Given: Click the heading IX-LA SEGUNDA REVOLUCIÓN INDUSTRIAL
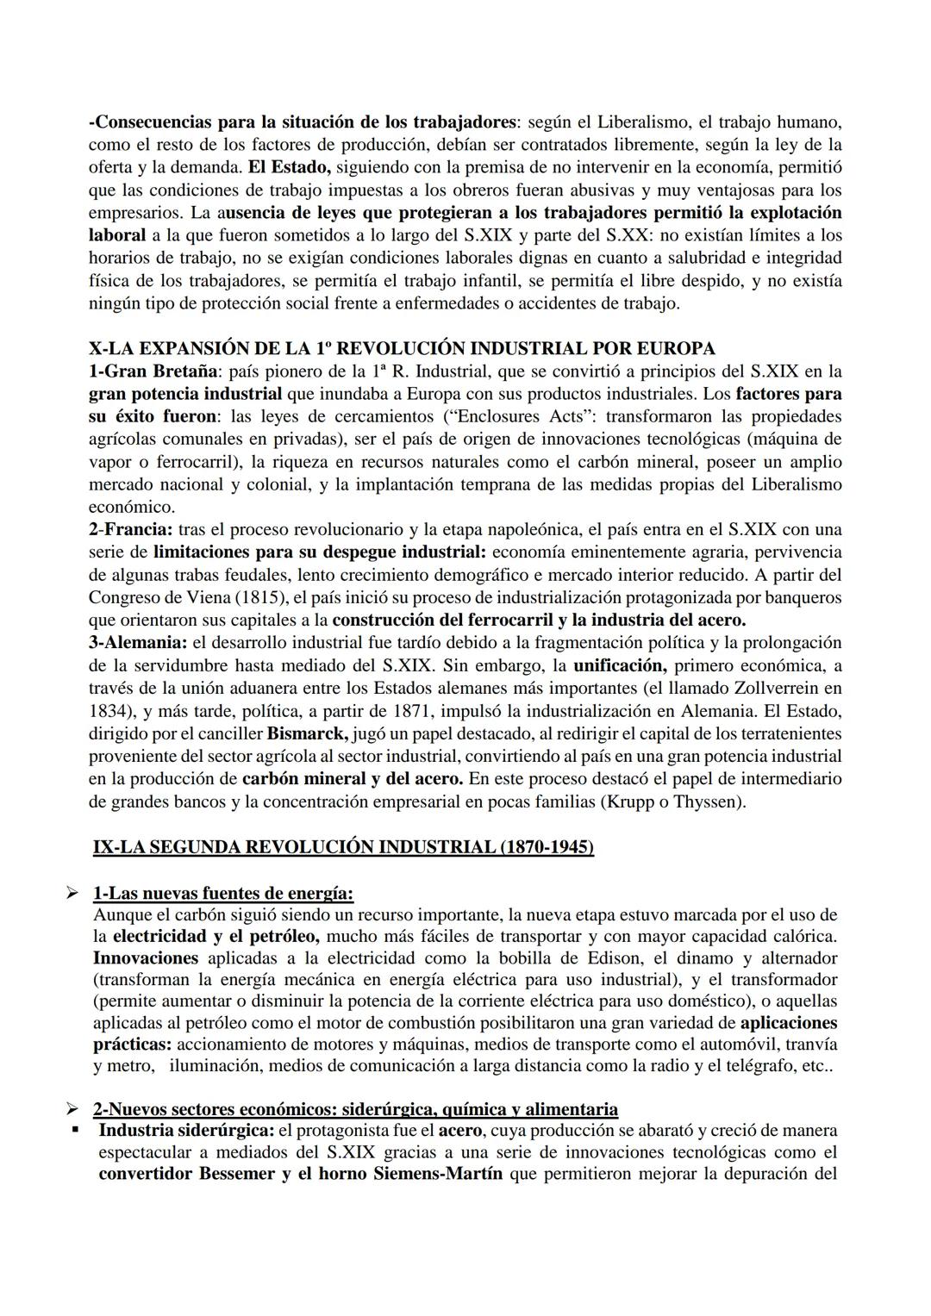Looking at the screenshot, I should tap(343, 847).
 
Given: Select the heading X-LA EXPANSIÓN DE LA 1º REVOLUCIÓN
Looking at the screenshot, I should tap(402, 348).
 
